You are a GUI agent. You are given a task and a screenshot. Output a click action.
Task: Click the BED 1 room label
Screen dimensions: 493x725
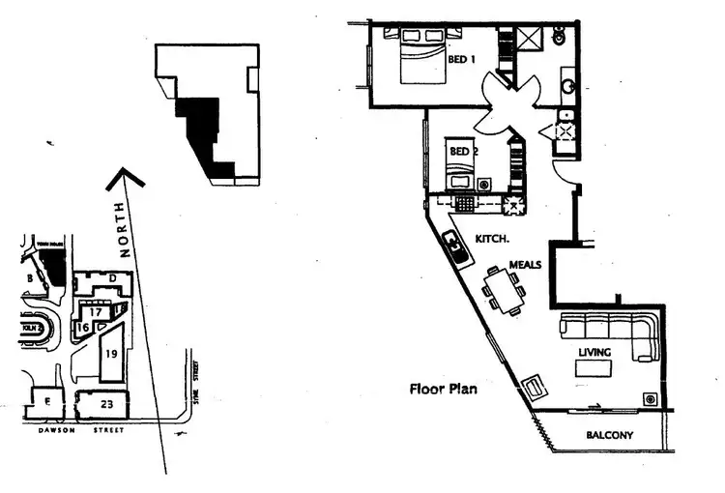(462, 60)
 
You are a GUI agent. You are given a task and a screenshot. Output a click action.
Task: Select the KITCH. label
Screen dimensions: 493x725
(493, 237)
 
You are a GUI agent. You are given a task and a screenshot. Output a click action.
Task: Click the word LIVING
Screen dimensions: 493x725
(594, 352)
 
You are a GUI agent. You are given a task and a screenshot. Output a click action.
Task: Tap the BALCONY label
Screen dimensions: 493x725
(610, 435)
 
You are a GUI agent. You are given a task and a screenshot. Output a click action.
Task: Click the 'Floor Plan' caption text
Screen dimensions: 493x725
(441, 391)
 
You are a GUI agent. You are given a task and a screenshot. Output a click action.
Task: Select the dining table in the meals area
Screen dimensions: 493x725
(505, 289)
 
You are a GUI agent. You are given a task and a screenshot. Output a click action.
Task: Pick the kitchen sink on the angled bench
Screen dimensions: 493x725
(456, 248)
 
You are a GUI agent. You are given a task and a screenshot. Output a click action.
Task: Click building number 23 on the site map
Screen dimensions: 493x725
(106, 405)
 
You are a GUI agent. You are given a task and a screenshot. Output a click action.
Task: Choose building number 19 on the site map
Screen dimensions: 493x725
(111, 355)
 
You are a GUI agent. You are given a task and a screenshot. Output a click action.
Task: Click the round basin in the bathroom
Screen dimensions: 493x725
(569, 87)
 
